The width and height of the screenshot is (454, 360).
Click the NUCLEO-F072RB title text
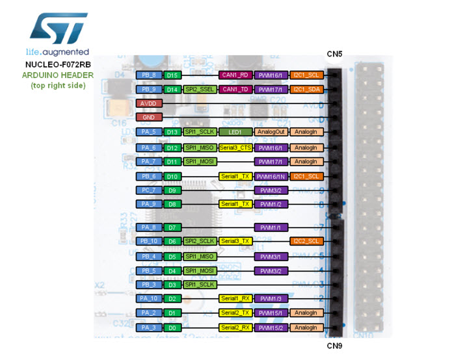58,64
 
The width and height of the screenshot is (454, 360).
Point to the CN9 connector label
335,345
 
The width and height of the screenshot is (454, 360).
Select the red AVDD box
148,103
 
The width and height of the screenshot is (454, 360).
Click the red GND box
148,118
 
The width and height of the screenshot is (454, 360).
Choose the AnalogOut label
271,132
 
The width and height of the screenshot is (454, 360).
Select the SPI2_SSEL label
200,89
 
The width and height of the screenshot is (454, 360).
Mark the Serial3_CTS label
235,148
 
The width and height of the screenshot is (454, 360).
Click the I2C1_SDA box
306,89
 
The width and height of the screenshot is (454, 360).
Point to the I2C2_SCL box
306,241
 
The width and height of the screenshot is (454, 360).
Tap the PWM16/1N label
271,176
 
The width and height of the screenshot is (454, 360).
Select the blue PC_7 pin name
148,190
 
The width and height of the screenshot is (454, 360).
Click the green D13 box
172,132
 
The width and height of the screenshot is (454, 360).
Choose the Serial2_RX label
235,328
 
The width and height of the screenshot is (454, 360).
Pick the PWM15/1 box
271,313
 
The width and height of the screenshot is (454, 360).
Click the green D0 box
172,328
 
